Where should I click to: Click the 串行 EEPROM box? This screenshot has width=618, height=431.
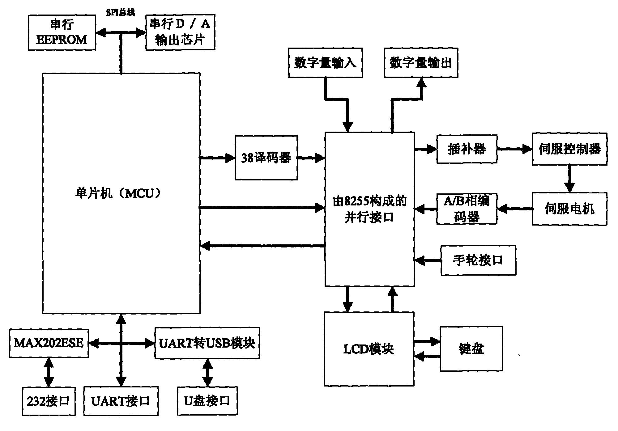pos(62,32)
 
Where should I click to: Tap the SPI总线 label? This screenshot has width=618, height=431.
pos(121,13)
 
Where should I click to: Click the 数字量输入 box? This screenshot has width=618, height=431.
pos(325,63)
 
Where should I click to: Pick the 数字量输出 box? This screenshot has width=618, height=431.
pos(421,63)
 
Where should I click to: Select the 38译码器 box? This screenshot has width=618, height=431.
pos(266,158)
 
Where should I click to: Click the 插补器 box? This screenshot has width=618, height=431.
pos(467,149)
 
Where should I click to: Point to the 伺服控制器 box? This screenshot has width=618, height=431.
pos(569,149)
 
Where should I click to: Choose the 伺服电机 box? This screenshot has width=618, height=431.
pos(569,209)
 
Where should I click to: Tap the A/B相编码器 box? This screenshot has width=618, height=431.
pos(467,209)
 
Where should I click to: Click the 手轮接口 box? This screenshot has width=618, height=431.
pos(478,260)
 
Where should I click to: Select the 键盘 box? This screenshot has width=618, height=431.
pos(471,349)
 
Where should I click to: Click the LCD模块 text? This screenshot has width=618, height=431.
pos(369,349)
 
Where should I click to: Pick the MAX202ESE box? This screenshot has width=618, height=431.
pos(49,343)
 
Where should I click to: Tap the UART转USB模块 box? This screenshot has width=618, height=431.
pos(207,343)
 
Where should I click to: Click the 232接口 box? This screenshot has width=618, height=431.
pos(49,401)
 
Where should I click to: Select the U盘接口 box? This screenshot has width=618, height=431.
pos(207,401)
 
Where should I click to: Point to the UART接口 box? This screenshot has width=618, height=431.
pos(121,401)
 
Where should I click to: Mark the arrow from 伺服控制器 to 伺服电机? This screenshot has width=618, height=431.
pos(569,178)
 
